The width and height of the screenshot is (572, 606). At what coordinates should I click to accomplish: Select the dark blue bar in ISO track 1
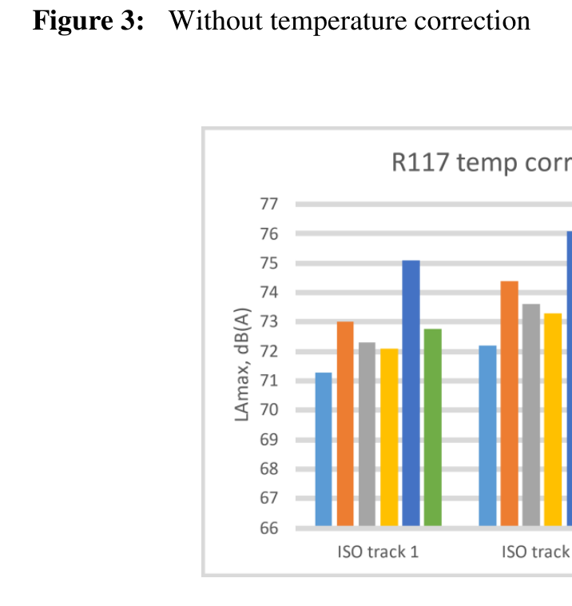point(411,393)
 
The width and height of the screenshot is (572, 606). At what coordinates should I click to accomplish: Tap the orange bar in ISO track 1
point(345,423)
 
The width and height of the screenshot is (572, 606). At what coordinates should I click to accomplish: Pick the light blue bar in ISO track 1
point(324,449)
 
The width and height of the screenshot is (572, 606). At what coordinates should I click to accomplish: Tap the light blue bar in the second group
point(487,435)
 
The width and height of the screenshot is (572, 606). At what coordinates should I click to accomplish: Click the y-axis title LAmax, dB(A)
point(243,366)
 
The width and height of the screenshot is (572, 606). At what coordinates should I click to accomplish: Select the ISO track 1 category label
point(377,552)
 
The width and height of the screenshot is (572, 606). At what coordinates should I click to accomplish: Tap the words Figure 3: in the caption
point(89,20)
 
